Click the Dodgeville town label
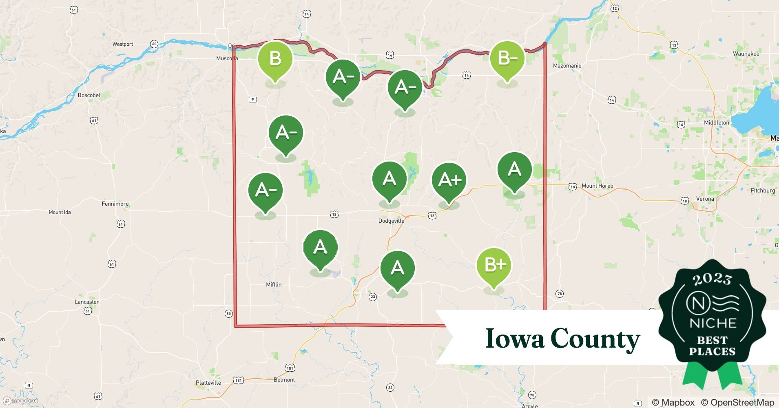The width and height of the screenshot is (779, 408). [391, 221]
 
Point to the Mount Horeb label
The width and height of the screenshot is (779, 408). [597, 186]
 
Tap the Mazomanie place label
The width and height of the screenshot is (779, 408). [567, 65]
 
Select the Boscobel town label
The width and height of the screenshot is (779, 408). [89, 95]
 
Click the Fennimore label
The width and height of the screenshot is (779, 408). [115, 204]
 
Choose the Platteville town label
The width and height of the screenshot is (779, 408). [208, 383]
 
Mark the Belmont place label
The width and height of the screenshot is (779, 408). [284, 379]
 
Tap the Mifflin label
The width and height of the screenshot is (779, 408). [274, 284]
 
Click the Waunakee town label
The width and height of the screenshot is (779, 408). [746, 53]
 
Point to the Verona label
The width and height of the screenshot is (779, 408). [705, 199]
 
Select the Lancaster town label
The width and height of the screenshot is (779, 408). [86, 302]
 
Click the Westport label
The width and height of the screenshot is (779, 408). [123, 44]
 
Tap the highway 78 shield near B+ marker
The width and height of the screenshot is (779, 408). [559, 293]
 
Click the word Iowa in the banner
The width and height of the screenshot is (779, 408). [515, 339]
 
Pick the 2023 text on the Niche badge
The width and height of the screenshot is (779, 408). [712, 279]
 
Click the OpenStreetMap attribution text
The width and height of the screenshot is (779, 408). [737, 402]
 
